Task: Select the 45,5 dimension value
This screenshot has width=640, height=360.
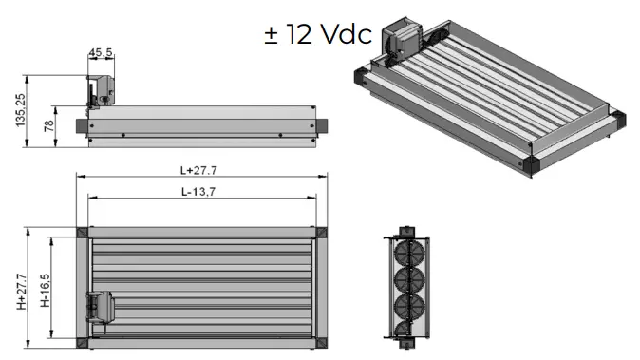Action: (x=100, y=53)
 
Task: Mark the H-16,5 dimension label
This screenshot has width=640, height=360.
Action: (x=45, y=290)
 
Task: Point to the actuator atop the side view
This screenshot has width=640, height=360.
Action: (x=101, y=90)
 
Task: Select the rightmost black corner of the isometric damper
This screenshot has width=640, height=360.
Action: (x=619, y=119)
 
